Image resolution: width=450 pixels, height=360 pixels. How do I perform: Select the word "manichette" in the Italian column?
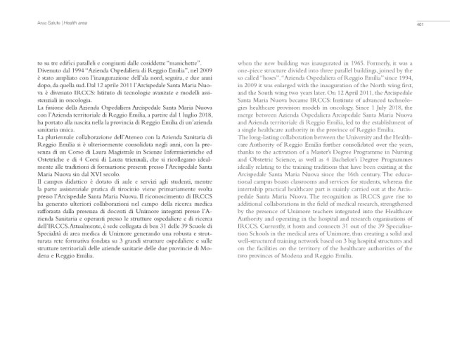tap(181, 63)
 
